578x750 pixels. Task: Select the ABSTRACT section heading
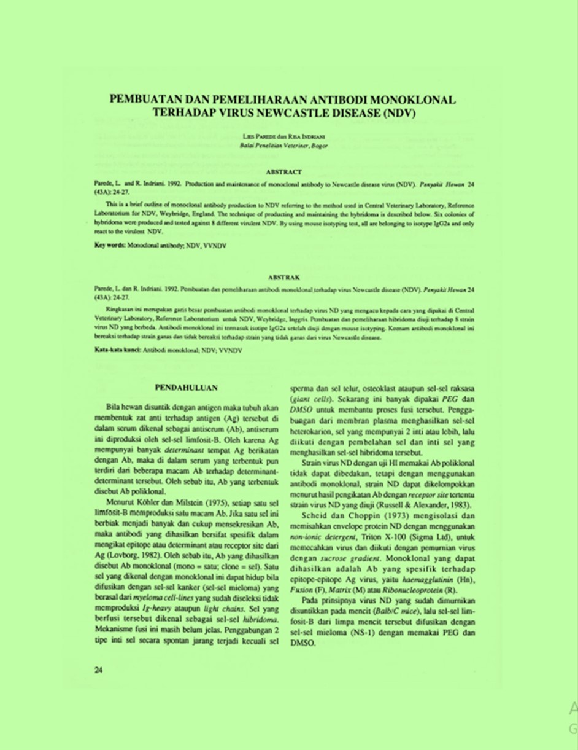285,173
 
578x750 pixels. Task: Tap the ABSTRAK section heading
285,278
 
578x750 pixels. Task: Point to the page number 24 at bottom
98,670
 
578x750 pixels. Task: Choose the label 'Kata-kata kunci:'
117,349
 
